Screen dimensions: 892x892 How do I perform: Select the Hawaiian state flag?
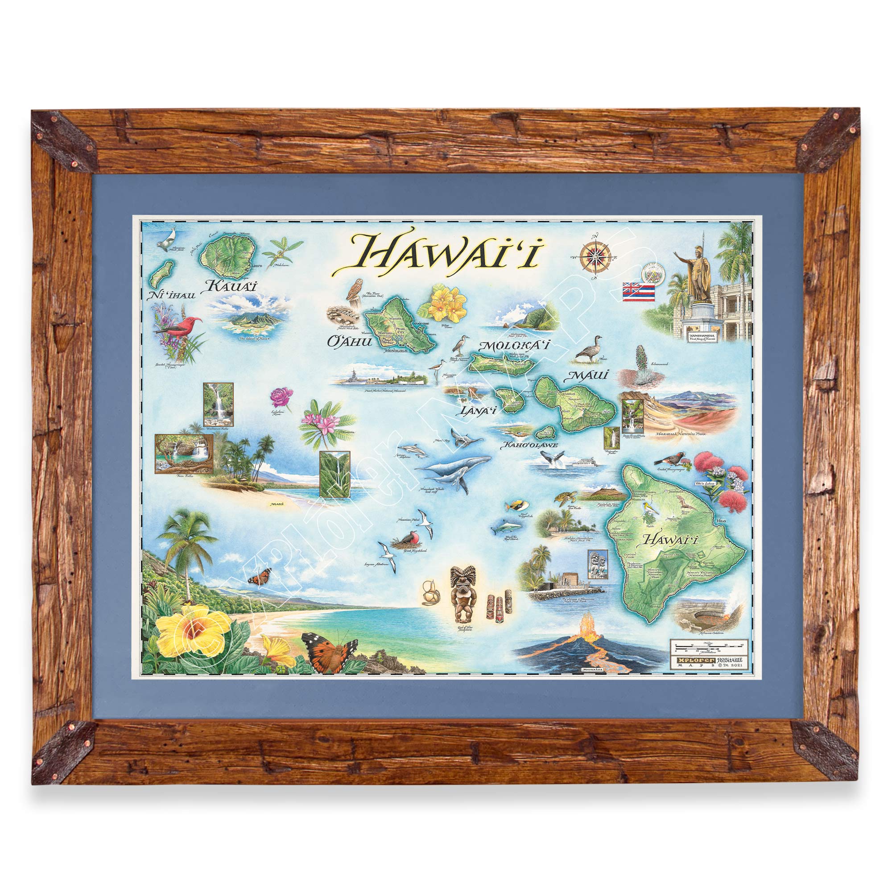639,291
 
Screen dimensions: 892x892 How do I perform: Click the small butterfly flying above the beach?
259,577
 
